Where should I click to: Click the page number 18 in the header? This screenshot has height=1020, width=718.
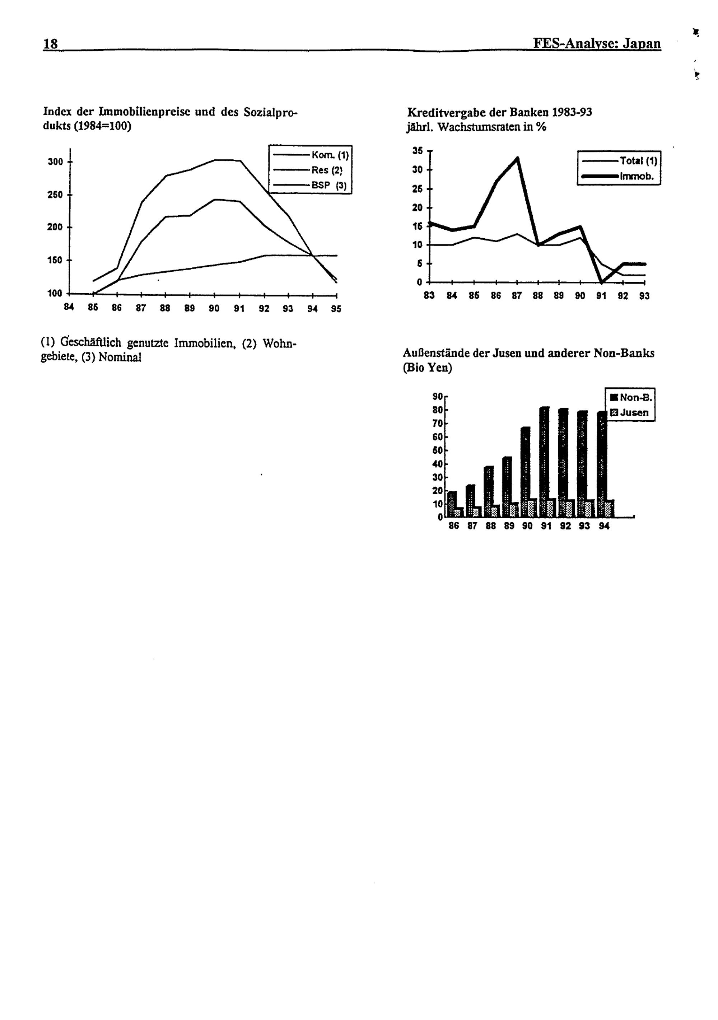pyautogui.click(x=50, y=43)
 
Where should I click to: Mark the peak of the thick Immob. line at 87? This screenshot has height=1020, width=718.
pyautogui.click(x=518, y=158)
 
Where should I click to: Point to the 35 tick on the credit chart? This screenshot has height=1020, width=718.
pyautogui.click(x=417, y=151)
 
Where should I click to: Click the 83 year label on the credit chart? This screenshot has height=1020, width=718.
pyautogui.click(x=429, y=295)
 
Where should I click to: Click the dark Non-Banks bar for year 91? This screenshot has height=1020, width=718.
pyautogui.click(x=544, y=462)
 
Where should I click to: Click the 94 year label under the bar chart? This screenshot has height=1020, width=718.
pyautogui.click(x=604, y=527)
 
